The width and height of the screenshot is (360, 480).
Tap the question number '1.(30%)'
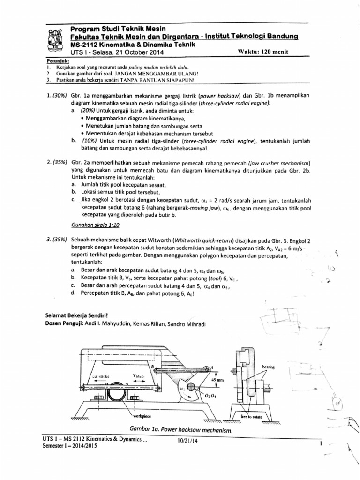(58, 95)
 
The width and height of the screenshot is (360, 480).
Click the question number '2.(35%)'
(58, 163)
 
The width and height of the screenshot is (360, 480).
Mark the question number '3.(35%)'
(58, 239)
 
